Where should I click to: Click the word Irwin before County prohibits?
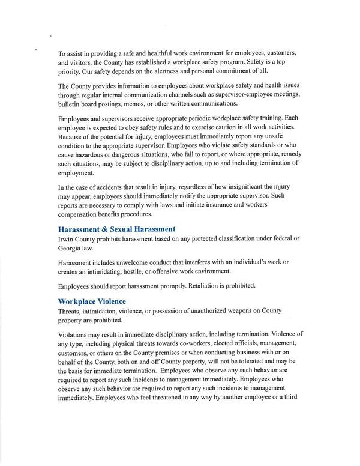coord(67,239)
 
